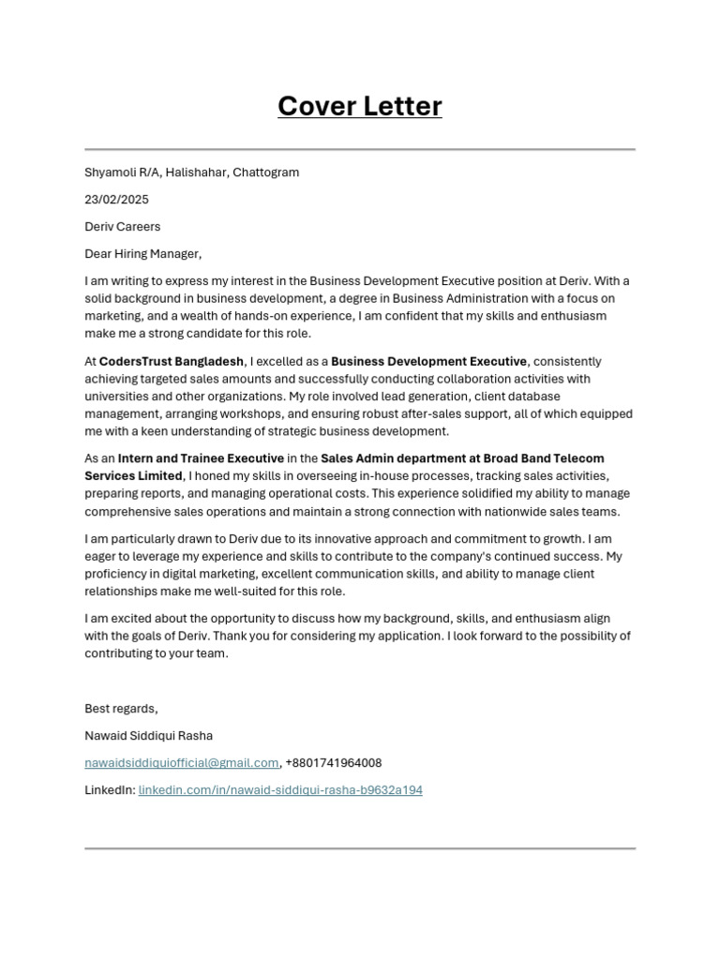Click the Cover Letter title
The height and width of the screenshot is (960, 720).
[x=359, y=107]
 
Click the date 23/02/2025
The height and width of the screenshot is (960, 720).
[x=116, y=200]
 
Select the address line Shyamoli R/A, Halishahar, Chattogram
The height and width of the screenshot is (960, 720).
[x=191, y=172]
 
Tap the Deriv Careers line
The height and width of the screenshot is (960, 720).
[x=122, y=227]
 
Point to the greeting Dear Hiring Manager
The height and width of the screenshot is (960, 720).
[x=142, y=254]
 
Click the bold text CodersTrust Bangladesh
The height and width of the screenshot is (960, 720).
[x=172, y=362]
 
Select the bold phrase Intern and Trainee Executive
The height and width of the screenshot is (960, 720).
[x=201, y=458]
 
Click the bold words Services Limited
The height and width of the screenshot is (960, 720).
[x=133, y=476]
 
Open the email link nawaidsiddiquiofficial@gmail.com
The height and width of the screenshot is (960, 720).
[x=182, y=763]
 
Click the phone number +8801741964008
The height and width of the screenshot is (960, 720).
[x=333, y=763]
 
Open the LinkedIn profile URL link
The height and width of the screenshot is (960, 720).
[x=280, y=790]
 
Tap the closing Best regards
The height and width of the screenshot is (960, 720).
[x=121, y=709]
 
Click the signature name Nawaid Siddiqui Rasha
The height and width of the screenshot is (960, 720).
[x=148, y=736]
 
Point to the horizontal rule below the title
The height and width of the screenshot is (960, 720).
[x=359, y=149]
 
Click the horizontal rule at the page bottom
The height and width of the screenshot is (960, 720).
[x=359, y=848]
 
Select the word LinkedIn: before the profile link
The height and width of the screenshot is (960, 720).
[x=110, y=790]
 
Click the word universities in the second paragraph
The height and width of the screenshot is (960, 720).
[x=116, y=397]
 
